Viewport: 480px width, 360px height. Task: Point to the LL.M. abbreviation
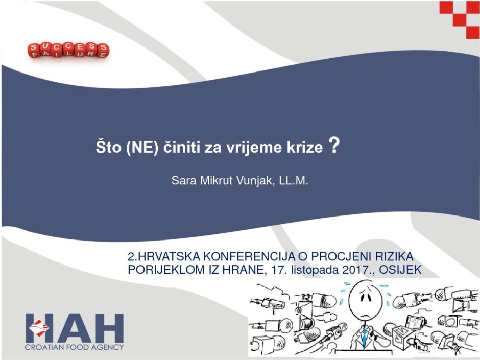(x=293, y=181)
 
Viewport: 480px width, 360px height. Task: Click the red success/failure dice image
(x=68, y=50)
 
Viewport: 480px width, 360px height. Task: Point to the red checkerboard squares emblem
(x=460, y=19)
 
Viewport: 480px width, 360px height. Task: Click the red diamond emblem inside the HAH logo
(x=39, y=328)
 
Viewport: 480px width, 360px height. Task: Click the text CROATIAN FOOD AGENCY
(x=74, y=347)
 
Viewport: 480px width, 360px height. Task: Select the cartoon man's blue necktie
(x=364, y=337)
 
